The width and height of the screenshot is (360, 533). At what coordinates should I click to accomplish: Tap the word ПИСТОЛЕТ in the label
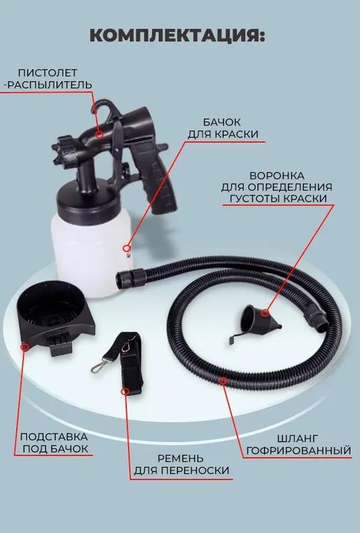tap(48, 72)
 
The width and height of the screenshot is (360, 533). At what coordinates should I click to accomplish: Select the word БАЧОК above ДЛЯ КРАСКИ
tap(222, 122)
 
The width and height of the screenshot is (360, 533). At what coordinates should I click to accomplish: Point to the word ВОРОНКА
tap(277, 176)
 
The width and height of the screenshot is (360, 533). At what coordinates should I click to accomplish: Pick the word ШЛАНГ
tap(298, 439)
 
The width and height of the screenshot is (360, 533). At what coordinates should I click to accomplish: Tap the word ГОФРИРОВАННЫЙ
tap(298, 451)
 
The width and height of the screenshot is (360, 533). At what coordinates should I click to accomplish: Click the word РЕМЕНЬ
tap(180, 458)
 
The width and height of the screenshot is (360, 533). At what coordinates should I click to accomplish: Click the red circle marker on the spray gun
tap(99, 134)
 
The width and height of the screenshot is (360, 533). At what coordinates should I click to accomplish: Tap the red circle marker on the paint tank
tap(126, 248)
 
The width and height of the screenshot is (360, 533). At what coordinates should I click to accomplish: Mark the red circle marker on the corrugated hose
tap(223, 381)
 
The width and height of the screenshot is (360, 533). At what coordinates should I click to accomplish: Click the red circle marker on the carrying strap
tap(125, 392)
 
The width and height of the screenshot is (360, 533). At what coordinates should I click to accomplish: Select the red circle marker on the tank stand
tap(24, 347)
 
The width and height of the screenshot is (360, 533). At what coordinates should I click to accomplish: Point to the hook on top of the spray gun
tap(102, 106)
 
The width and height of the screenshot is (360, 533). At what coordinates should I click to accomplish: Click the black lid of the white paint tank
tap(88, 199)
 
